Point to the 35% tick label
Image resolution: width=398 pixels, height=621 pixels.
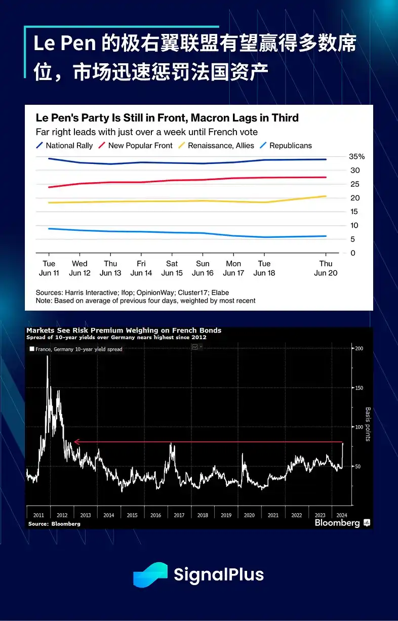coord(356,156)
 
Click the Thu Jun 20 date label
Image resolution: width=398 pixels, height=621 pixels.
coord(326,268)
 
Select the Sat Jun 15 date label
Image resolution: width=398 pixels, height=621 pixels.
coord(172,268)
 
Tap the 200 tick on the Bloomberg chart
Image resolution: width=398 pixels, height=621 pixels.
coord(359,349)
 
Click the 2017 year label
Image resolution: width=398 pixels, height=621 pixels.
coord(179,515)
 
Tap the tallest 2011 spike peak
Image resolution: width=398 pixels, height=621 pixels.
coord(47,356)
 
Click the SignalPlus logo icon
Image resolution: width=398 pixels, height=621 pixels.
coord(150,575)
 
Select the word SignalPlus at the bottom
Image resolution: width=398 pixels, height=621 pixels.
coord(219,575)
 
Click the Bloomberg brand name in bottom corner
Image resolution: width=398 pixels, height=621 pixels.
coord(337,523)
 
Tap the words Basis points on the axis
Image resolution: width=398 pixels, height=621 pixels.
coord(368,424)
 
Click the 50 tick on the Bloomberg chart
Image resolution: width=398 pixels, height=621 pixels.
coord(357,466)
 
